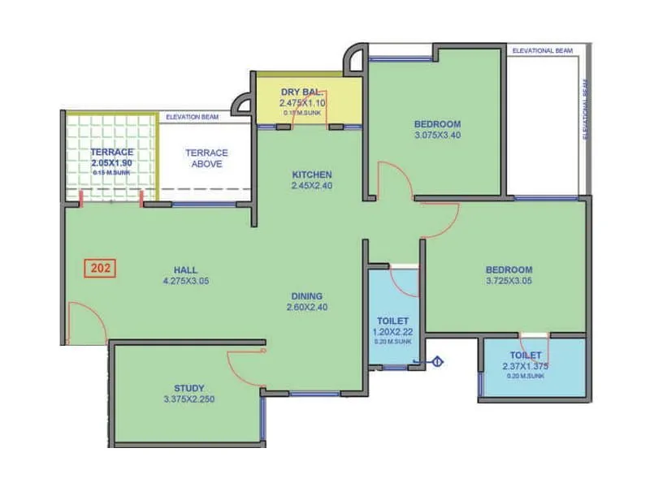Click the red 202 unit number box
click(102, 267)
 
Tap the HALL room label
click(185, 270)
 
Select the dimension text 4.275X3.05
click(185, 282)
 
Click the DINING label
click(308, 296)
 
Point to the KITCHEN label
click(312, 175)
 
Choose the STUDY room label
click(188, 388)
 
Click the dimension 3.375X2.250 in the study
click(188, 399)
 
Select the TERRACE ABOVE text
click(206, 158)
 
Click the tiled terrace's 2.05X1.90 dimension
click(111, 163)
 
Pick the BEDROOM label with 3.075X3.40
click(437, 124)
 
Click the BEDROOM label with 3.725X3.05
click(509, 270)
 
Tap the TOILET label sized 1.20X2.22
click(392, 321)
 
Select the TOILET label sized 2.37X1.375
click(526, 356)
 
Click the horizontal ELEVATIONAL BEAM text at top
click(542, 50)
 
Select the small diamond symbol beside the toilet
click(437, 363)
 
